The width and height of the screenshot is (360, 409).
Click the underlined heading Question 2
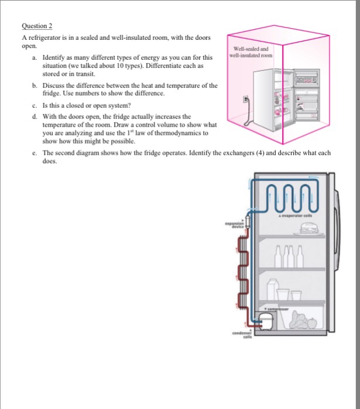pos(36,26)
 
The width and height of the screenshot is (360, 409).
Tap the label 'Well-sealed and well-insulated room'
pos(251,53)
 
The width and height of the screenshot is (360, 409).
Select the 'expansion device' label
pos(233,226)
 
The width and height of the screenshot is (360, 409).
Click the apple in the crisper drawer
pos(312,322)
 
